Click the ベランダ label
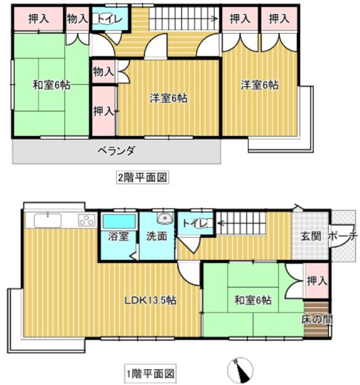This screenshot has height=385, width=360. [116, 150]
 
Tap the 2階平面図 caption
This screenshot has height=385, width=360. [143, 177]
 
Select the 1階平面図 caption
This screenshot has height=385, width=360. [151, 373]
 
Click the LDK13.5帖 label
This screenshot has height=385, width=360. [151, 301]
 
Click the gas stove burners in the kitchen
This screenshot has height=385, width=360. [86, 220]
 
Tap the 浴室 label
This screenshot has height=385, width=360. [118, 235]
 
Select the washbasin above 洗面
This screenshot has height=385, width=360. [164, 218]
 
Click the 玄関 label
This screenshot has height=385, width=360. [311, 236]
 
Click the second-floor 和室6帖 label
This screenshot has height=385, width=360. [51, 85]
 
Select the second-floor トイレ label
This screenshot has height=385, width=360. [109, 19]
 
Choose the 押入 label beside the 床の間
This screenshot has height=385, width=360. [317, 281]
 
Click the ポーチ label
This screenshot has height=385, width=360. [341, 236]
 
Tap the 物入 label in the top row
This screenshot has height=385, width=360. [77, 19]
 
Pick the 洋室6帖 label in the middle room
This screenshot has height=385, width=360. [169, 97]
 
